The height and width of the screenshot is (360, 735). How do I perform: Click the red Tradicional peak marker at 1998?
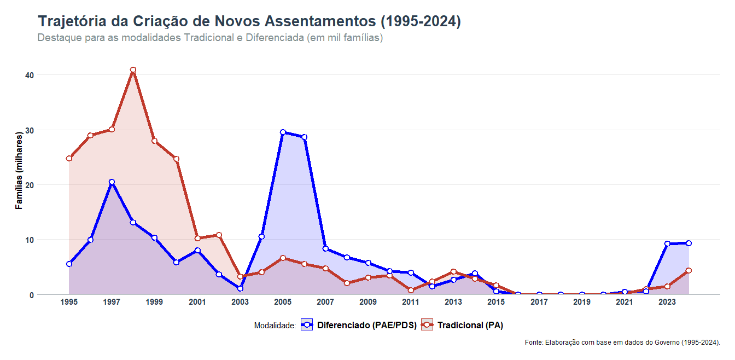tap(133, 70)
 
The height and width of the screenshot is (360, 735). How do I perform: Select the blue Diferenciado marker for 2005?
tap(283, 132)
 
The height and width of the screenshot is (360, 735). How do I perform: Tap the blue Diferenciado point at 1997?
tap(112, 182)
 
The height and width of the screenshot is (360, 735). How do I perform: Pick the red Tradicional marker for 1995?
tap(69, 159)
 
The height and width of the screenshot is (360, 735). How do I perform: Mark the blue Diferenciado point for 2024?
tap(689, 243)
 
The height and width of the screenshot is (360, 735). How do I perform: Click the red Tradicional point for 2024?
tap(689, 270)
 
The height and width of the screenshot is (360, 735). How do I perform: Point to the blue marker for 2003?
tap(240, 288)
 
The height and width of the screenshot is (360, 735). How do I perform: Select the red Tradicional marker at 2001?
tap(197, 239)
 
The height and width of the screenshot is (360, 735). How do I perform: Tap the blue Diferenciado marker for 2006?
tap(304, 137)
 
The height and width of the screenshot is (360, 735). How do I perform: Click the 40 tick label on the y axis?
tap(30, 75)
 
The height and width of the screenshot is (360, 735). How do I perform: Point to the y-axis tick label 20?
tap(30, 185)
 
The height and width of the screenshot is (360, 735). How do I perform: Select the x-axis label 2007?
tap(325, 302)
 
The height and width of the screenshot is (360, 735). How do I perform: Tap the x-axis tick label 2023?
tap(667, 302)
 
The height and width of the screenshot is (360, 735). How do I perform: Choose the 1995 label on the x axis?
tap(69, 302)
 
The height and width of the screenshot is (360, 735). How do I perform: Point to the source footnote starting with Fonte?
tap(622, 342)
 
